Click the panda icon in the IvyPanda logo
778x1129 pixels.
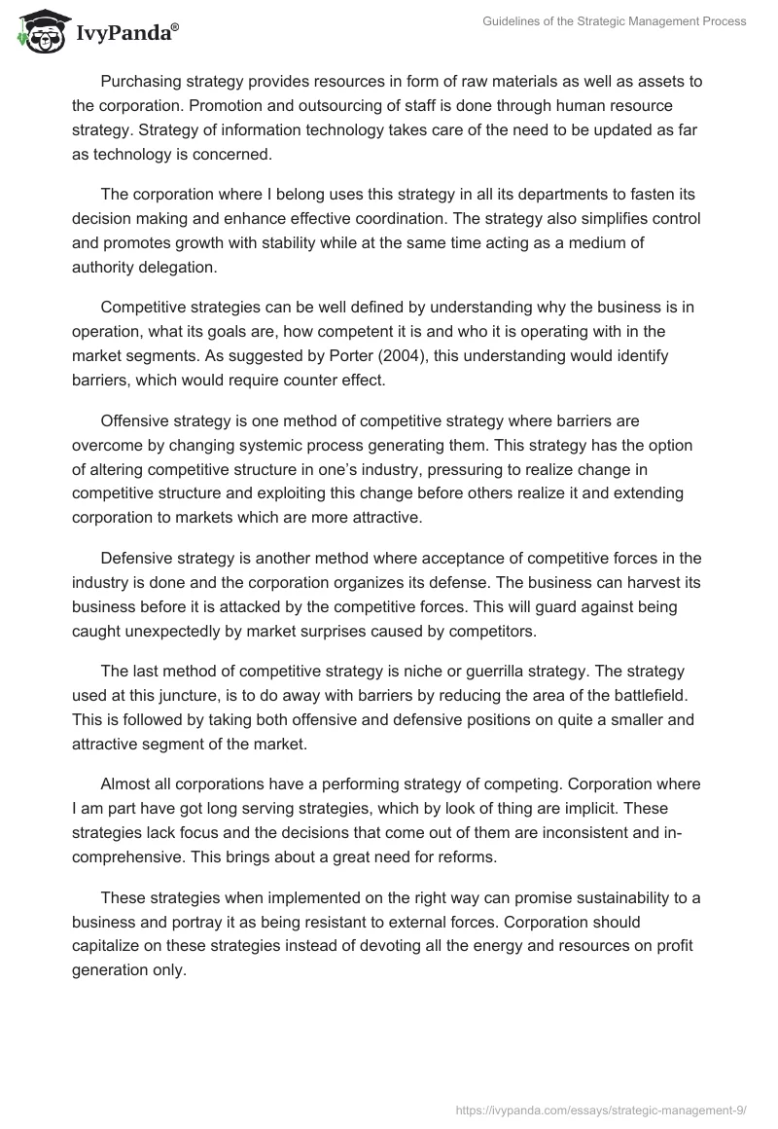click(x=38, y=31)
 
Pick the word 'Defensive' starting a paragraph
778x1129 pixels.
click(x=139, y=558)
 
